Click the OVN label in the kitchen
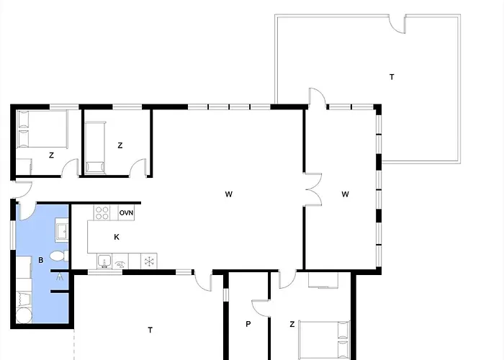pyautogui.click(x=126, y=213)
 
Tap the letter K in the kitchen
pyautogui.click(x=117, y=237)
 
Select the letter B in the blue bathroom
pyautogui.click(x=41, y=260)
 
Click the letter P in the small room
pyautogui.click(x=248, y=324)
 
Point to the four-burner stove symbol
pyautogui.click(x=102, y=213)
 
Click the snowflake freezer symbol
pyautogui.click(x=149, y=261)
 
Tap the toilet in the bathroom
pyautogui.click(x=59, y=256)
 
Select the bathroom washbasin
pyautogui.click(x=62, y=230)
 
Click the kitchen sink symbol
pyautogui.click(x=104, y=261)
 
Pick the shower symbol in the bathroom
pyautogui.click(x=60, y=276)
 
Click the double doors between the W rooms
pyautogui.click(x=313, y=189)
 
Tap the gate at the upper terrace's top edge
pyautogui.click(x=397, y=24)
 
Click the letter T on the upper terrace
pyautogui.click(x=392, y=77)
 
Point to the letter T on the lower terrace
pyautogui.click(x=150, y=330)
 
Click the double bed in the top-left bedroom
pyautogui.click(x=42, y=129)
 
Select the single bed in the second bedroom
pyautogui.click(x=96, y=148)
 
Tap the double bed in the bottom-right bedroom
pyautogui.click(x=324, y=340)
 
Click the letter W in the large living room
pyautogui.click(x=228, y=194)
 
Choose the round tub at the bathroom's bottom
pyautogui.click(x=24, y=315)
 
